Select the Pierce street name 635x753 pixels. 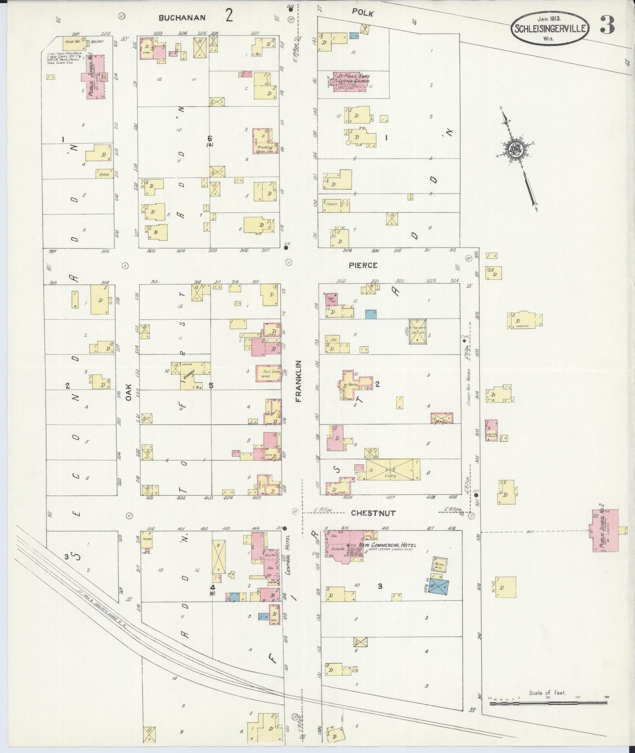(x=363, y=265)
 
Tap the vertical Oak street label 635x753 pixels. (x=128, y=391)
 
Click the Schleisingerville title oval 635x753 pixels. (x=550, y=27)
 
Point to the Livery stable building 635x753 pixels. (x=392, y=470)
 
